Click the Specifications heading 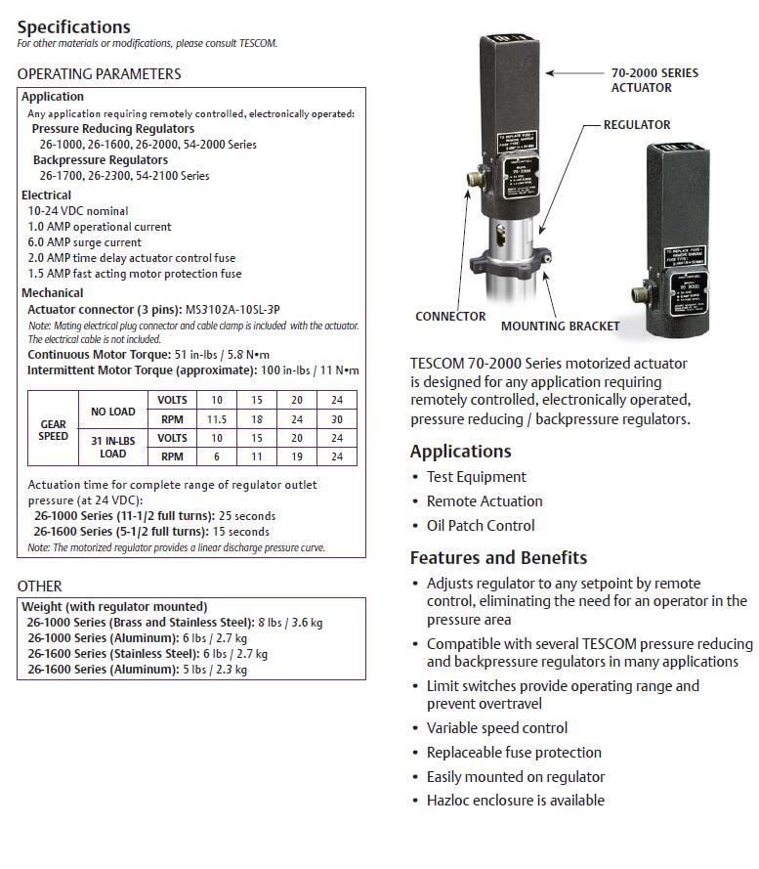pos(73,26)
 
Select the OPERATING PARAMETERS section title pos(99,73)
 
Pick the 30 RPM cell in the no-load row pos(336,418)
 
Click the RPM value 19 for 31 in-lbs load pos(295,456)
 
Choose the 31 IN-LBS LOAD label pos(112,447)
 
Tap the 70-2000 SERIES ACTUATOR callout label pos(654,80)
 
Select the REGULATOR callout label pos(636,125)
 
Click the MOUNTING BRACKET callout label pos(560,326)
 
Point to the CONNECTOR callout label pos(450,317)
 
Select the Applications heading pos(460,452)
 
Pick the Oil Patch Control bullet pos(480,525)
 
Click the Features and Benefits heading pos(498,557)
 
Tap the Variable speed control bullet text pos(496,728)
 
